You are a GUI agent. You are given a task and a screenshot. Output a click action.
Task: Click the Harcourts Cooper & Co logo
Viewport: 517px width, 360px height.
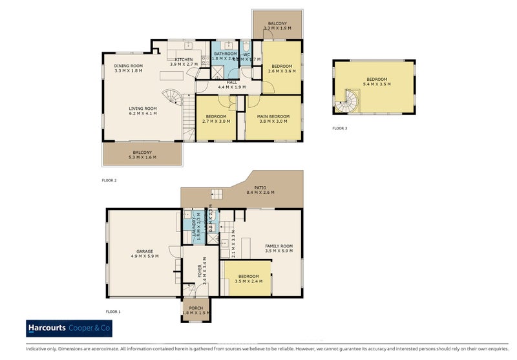69,328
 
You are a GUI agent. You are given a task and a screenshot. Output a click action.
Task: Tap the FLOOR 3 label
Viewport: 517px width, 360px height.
340,129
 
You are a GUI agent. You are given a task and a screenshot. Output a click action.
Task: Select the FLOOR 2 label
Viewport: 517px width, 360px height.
109,180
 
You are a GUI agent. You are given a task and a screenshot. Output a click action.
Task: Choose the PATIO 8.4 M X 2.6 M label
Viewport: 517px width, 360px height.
260,190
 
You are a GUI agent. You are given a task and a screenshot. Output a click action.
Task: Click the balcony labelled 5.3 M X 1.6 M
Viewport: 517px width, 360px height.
142,154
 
